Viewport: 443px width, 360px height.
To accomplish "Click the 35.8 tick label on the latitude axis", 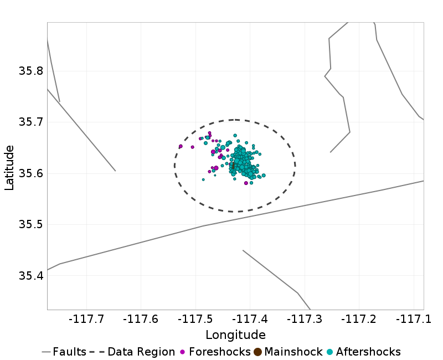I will point(30,71).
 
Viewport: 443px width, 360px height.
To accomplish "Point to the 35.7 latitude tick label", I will point(30,122).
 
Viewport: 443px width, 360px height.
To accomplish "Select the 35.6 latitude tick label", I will point(30,173).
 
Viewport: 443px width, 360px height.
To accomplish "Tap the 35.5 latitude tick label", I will point(30,225).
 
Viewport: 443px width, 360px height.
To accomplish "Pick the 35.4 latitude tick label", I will point(30,276).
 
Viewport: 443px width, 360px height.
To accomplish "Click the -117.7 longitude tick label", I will point(87,320).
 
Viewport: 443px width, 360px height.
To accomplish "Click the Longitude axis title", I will point(235,335).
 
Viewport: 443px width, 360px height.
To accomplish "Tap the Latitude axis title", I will point(9,167).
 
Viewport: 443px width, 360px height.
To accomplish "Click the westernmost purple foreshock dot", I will point(181,146).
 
